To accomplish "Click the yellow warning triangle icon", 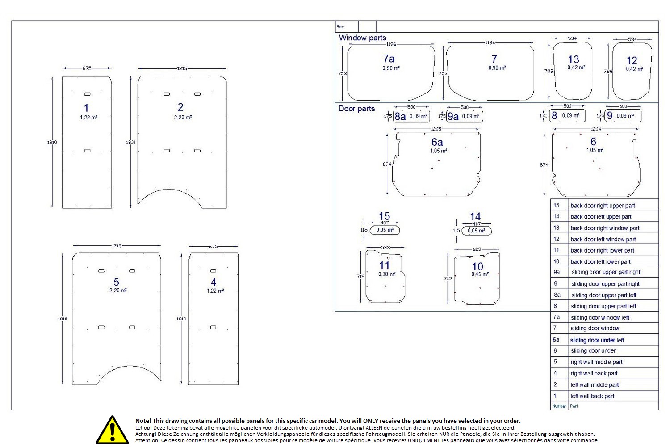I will [x=112, y=430].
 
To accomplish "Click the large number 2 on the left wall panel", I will [x=180, y=107].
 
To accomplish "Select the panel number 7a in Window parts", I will [x=389, y=59].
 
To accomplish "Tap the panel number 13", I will [x=574, y=59].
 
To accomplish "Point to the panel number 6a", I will [x=437, y=142].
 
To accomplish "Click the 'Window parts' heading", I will [x=362, y=38].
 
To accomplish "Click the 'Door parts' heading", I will [x=356, y=109].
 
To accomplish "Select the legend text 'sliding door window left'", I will [x=600, y=318].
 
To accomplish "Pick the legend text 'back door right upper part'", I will [x=603, y=206].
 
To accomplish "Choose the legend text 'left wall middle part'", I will [x=595, y=385].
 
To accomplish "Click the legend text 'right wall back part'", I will [x=594, y=374].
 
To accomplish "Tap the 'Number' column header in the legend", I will [x=559, y=406].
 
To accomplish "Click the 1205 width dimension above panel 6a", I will [x=436, y=129].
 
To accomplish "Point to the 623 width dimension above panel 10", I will [x=477, y=249].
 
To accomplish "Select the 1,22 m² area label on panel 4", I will [x=215, y=291].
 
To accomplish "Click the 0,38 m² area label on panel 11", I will [x=386, y=274].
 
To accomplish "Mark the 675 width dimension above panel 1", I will [x=87, y=68].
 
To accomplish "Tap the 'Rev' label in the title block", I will [x=340, y=27].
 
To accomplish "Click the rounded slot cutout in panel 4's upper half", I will [x=213, y=271].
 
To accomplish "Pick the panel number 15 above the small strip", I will [x=384, y=216].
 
